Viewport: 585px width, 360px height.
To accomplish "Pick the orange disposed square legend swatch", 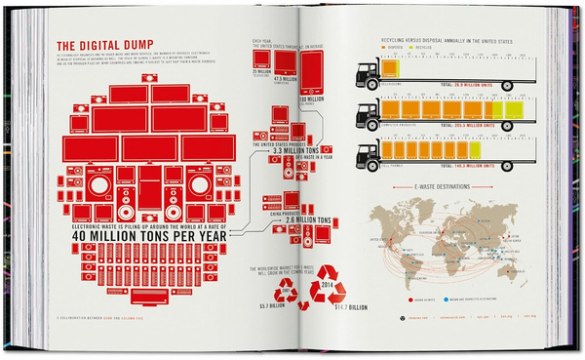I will pyautogui.click(x=392, y=46).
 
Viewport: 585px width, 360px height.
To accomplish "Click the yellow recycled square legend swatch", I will pyautogui.click(x=416, y=46).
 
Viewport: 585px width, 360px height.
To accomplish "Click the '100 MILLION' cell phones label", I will pyautogui.click(x=311, y=98).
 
